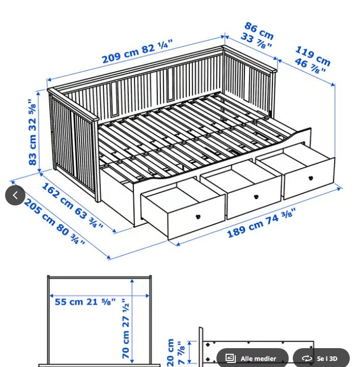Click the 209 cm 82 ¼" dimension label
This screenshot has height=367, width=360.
pyautogui.click(x=137, y=51)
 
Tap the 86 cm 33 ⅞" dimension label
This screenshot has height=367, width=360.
pyautogui.click(x=257, y=35)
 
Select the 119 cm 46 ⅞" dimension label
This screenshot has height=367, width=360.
pyautogui.click(x=312, y=60)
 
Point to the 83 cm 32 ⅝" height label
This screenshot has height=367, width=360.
pyautogui.click(x=33, y=132)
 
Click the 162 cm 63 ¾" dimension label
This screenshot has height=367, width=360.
pyautogui.click(x=72, y=205)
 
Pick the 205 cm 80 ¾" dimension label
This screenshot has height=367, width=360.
pyautogui.click(x=54, y=222)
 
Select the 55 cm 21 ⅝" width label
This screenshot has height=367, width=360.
pyautogui.click(x=85, y=302)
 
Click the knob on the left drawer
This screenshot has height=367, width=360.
pyautogui.click(x=198, y=217)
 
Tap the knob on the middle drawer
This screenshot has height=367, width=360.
pyautogui.click(x=256, y=197)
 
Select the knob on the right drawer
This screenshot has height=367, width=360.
pyautogui.click(x=311, y=178)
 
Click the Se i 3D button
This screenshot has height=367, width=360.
pyautogui.click(x=321, y=358)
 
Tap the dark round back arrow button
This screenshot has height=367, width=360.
pyautogui.click(x=15, y=195)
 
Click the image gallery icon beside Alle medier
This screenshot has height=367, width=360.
pyautogui.click(x=230, y=358)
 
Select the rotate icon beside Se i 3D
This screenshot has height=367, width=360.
pyautogui.click(x=307, y=358)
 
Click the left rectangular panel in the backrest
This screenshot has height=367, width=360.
pyautogui.click(x=114, y=98)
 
